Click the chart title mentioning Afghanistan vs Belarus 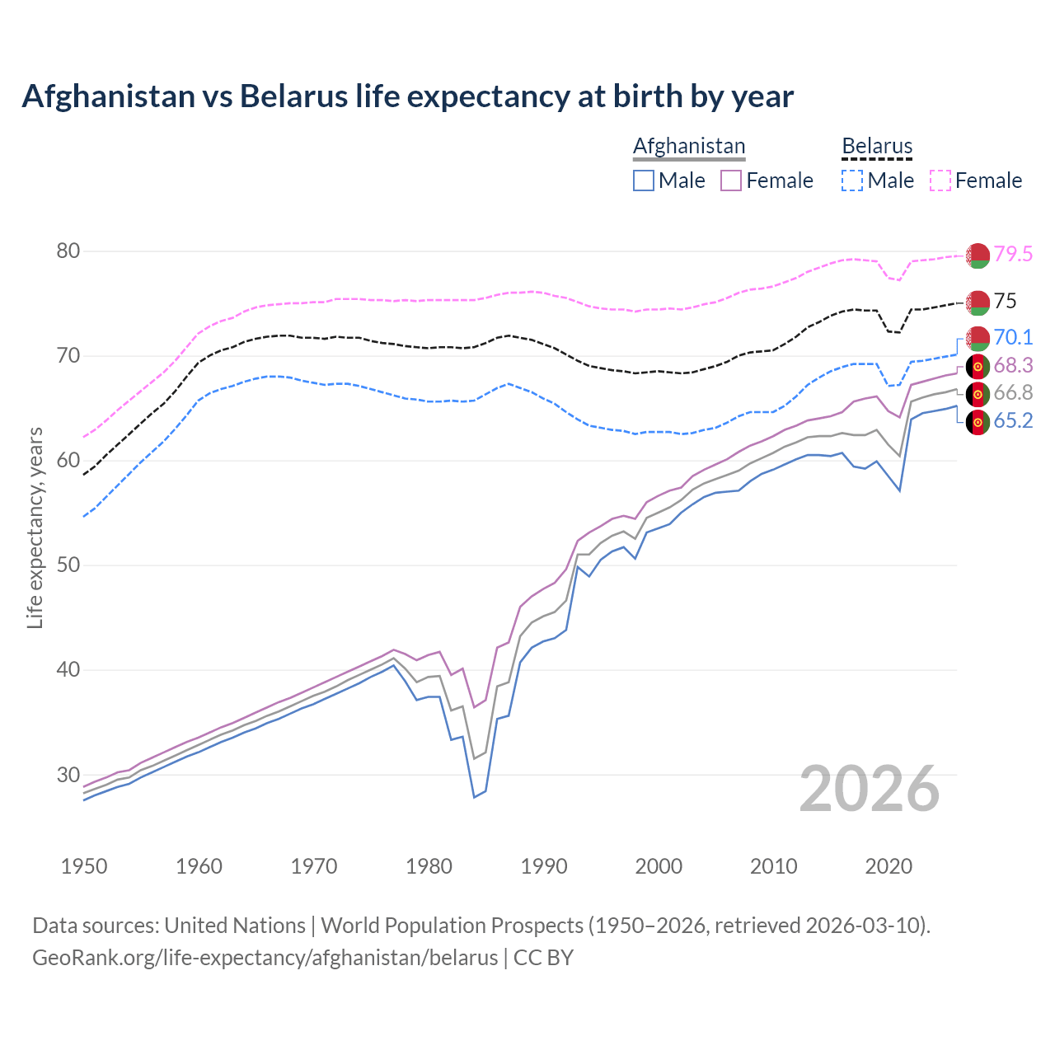[407, 96]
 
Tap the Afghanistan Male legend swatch [644, 181]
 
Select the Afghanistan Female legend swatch [731, 181]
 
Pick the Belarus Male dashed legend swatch [852, 181]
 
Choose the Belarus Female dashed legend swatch [940, 181]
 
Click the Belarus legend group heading [877, 147]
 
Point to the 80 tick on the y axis [68, 251]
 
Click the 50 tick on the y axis [68, 565]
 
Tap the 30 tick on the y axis [68, 775]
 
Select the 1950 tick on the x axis [84, 866]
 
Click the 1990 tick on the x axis [544, 866]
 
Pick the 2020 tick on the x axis [889, 866]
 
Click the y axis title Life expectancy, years [35, 527]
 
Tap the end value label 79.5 [1013, 255]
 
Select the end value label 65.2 [1013, 421]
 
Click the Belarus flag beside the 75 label [978, 302]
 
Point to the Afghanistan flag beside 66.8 [978, 394]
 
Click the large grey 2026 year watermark [870, 789]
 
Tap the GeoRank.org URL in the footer [265, 958]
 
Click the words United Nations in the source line [235, 926]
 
